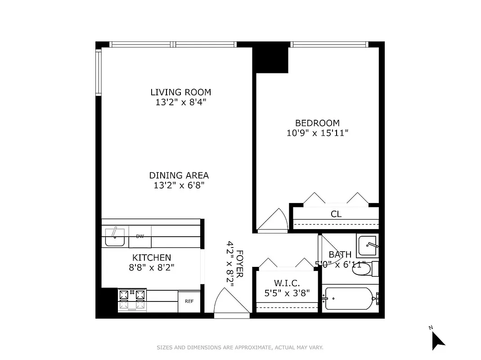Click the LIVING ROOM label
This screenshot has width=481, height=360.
pos(180,92)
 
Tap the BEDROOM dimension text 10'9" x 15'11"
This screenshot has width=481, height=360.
pos(318,133)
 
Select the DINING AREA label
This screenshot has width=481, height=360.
pos(179,175)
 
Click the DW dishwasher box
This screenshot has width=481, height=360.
pos(140,237)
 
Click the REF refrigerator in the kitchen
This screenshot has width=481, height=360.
pos(189,301)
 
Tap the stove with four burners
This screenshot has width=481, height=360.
pos(132,299)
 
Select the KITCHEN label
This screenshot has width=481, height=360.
pos(151,257)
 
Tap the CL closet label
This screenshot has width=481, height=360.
pos(336,214)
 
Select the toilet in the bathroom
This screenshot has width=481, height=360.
pos(367,269)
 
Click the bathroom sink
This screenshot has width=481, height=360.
pos(368,245)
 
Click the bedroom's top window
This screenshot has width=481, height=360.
pos(329,45)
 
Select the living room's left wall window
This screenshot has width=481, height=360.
pos(98,72)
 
